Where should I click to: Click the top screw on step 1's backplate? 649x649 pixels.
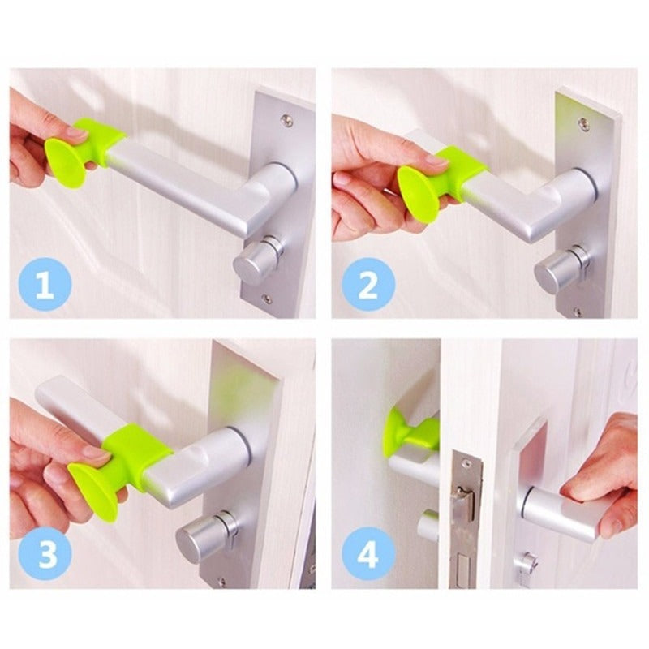[286, 120]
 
